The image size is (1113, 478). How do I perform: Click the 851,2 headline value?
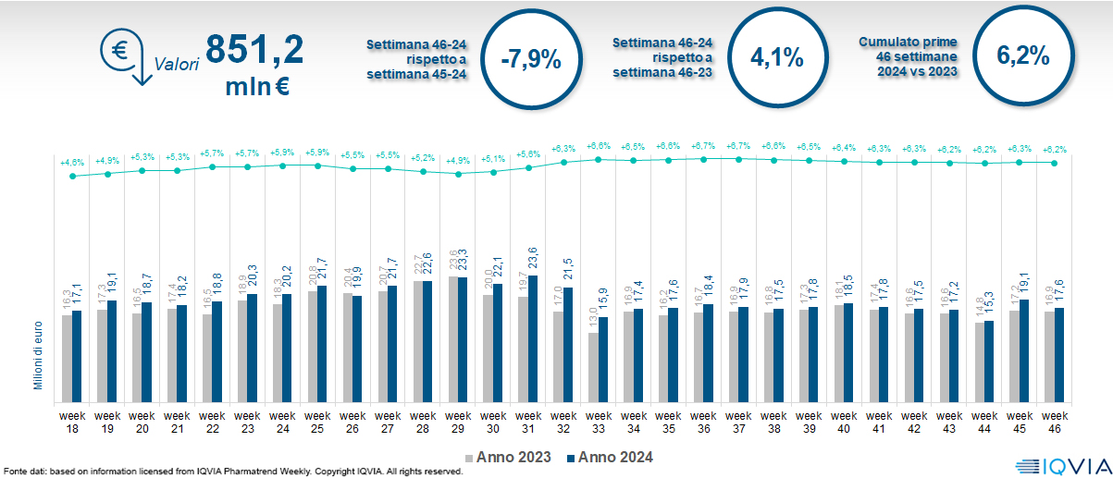pos(254,49)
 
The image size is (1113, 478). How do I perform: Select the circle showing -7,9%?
pos(530,58)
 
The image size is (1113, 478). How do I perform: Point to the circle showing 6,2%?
pos(1022,55)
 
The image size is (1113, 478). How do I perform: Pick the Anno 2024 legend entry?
pos(610,457)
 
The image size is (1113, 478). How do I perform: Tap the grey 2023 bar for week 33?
pos(593,366)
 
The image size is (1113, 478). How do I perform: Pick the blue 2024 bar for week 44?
pos(989,360)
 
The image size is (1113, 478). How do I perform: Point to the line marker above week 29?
pos(458,173)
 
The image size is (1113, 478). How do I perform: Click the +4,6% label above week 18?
pos(72,163)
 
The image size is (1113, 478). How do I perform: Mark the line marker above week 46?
pos(1054,163)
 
